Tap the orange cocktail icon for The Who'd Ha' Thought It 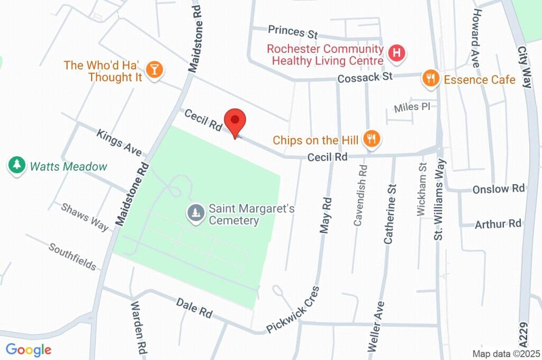(154, 70)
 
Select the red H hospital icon (396, 53)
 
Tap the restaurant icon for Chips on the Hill (373, 139)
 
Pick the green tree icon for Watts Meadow (17, 165)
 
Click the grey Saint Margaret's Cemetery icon (196, 213)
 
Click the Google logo (28, 349)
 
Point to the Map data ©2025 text (505, 354)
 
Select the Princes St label (292, 32)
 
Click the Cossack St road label (365, 77)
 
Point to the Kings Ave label (119, 142)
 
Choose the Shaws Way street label (85, 217)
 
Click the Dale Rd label (194, 308)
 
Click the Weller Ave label (375, 326)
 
